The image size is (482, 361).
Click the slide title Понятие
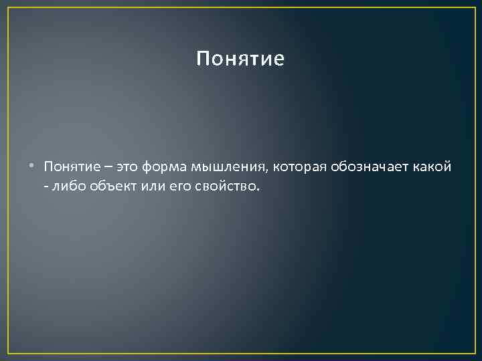tap(240, 59)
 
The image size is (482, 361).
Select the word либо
tap(66, 184)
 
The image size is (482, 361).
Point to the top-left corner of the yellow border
tap(8, 7)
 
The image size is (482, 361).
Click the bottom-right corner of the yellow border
tap(474, 352)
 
